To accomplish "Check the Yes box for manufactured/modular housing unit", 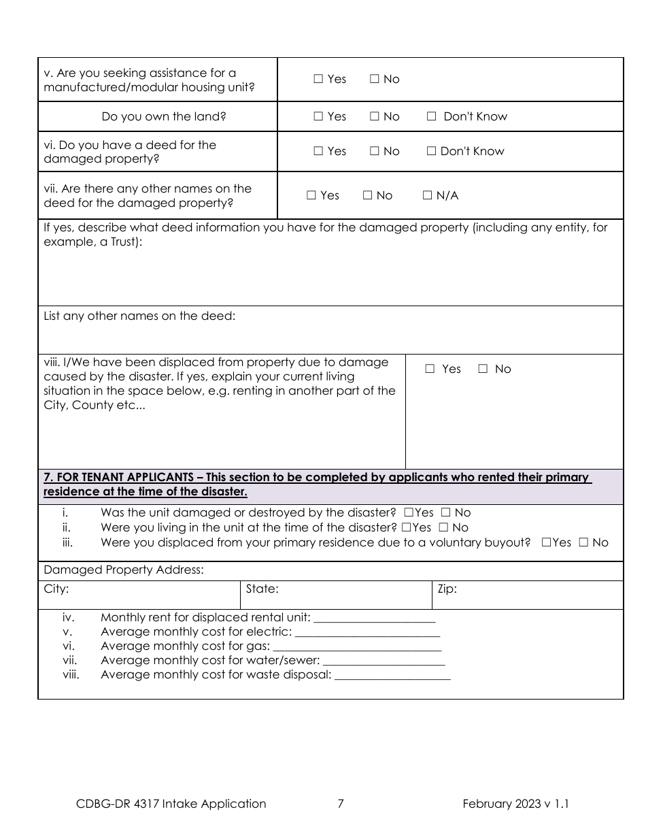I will coord(318,79).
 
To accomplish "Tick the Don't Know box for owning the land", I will coord(431,116).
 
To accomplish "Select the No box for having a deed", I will coord(375,151).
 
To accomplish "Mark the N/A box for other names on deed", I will coord(428,195).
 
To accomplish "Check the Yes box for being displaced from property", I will coord(430,369).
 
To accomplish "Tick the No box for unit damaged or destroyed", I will coord(445,512).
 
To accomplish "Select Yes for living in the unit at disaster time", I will coord(406,527).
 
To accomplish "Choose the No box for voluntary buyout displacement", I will coord(583,542).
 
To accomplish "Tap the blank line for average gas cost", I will coord(356,647).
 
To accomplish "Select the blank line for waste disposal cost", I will coord(392,676).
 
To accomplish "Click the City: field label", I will coord(56,589).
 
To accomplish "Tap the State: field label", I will coord(262,589).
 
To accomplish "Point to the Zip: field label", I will coord(447,589).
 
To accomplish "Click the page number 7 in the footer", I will coord(341,804).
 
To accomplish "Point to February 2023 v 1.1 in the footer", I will coord(515,804).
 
